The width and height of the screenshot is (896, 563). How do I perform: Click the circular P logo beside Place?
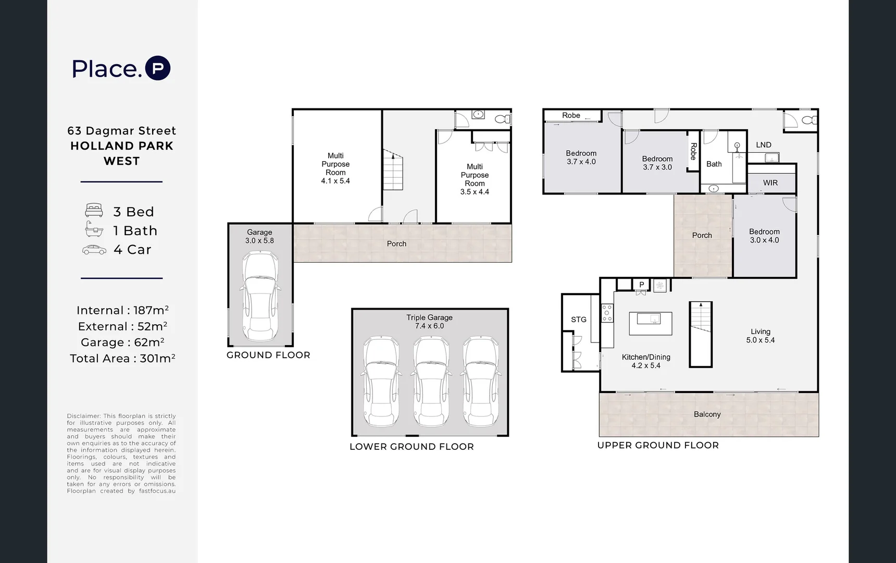tap(158, 68)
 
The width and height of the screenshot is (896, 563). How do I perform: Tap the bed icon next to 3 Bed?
tap(94, 211)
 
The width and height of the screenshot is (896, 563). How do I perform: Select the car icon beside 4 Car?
tap(94, 250)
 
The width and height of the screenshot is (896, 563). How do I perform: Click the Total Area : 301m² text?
tap(122, 359)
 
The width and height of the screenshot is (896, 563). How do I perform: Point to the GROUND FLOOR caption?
tap(268, 355)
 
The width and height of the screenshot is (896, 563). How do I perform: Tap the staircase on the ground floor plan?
tap(393, 170)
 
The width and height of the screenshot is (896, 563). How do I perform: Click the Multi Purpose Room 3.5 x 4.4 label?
tap(475, 179)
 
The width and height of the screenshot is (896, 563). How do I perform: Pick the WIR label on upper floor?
tap(770, 183)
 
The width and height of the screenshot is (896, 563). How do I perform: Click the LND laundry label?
tap(763, 145)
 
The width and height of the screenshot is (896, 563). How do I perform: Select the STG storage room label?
tap(578, 320)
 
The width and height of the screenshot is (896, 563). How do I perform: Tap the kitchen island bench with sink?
tap(650, 323)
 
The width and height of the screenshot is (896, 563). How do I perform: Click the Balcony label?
tap(707, 414)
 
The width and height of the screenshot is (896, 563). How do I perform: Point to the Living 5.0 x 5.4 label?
tap(760, 336)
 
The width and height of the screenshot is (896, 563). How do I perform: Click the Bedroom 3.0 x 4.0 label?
tap(764, 236)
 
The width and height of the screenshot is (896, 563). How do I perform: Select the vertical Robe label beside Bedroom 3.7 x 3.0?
tap(693, 151)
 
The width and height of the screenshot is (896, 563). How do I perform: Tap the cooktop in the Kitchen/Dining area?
tap(607, 313)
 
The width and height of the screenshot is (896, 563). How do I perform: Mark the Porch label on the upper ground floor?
tap(702, 236)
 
